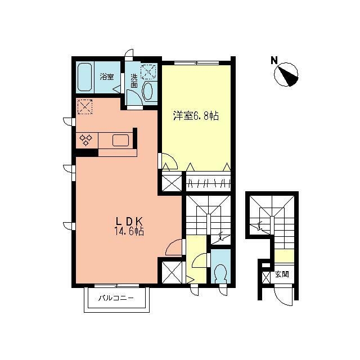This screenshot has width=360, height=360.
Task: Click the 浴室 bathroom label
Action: (x=107, y=76)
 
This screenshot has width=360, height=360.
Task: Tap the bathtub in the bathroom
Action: (x=85, y=77)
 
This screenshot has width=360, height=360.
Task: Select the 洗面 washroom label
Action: (x=134, y=81)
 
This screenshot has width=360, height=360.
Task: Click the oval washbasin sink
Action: (x=147, y=91)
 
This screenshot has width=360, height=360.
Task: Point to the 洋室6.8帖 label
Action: (x=196, y=116)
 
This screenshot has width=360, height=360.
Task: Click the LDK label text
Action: (x=129, y=221)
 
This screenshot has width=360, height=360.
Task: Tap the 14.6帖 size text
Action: (x=129, y=231)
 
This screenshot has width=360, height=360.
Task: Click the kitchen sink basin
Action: (x=120, y=140)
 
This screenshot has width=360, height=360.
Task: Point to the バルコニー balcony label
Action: (x=116, y=298)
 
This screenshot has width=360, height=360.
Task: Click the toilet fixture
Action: (x=221, y=273)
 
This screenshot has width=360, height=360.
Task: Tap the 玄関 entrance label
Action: (x=282, y=274)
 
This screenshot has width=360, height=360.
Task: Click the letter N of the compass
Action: (x=274, y=60)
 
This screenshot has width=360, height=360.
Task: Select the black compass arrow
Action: (x=288, y=76)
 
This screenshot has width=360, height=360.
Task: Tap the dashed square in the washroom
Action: (x=148, y=72)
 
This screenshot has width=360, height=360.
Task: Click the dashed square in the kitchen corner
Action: (x=85, y=107)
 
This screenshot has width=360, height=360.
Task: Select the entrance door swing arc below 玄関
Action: (x=283, y=297)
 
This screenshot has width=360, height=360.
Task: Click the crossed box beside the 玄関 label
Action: (x=266, y=277)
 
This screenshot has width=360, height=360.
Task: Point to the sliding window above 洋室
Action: (x=196, y=62)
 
